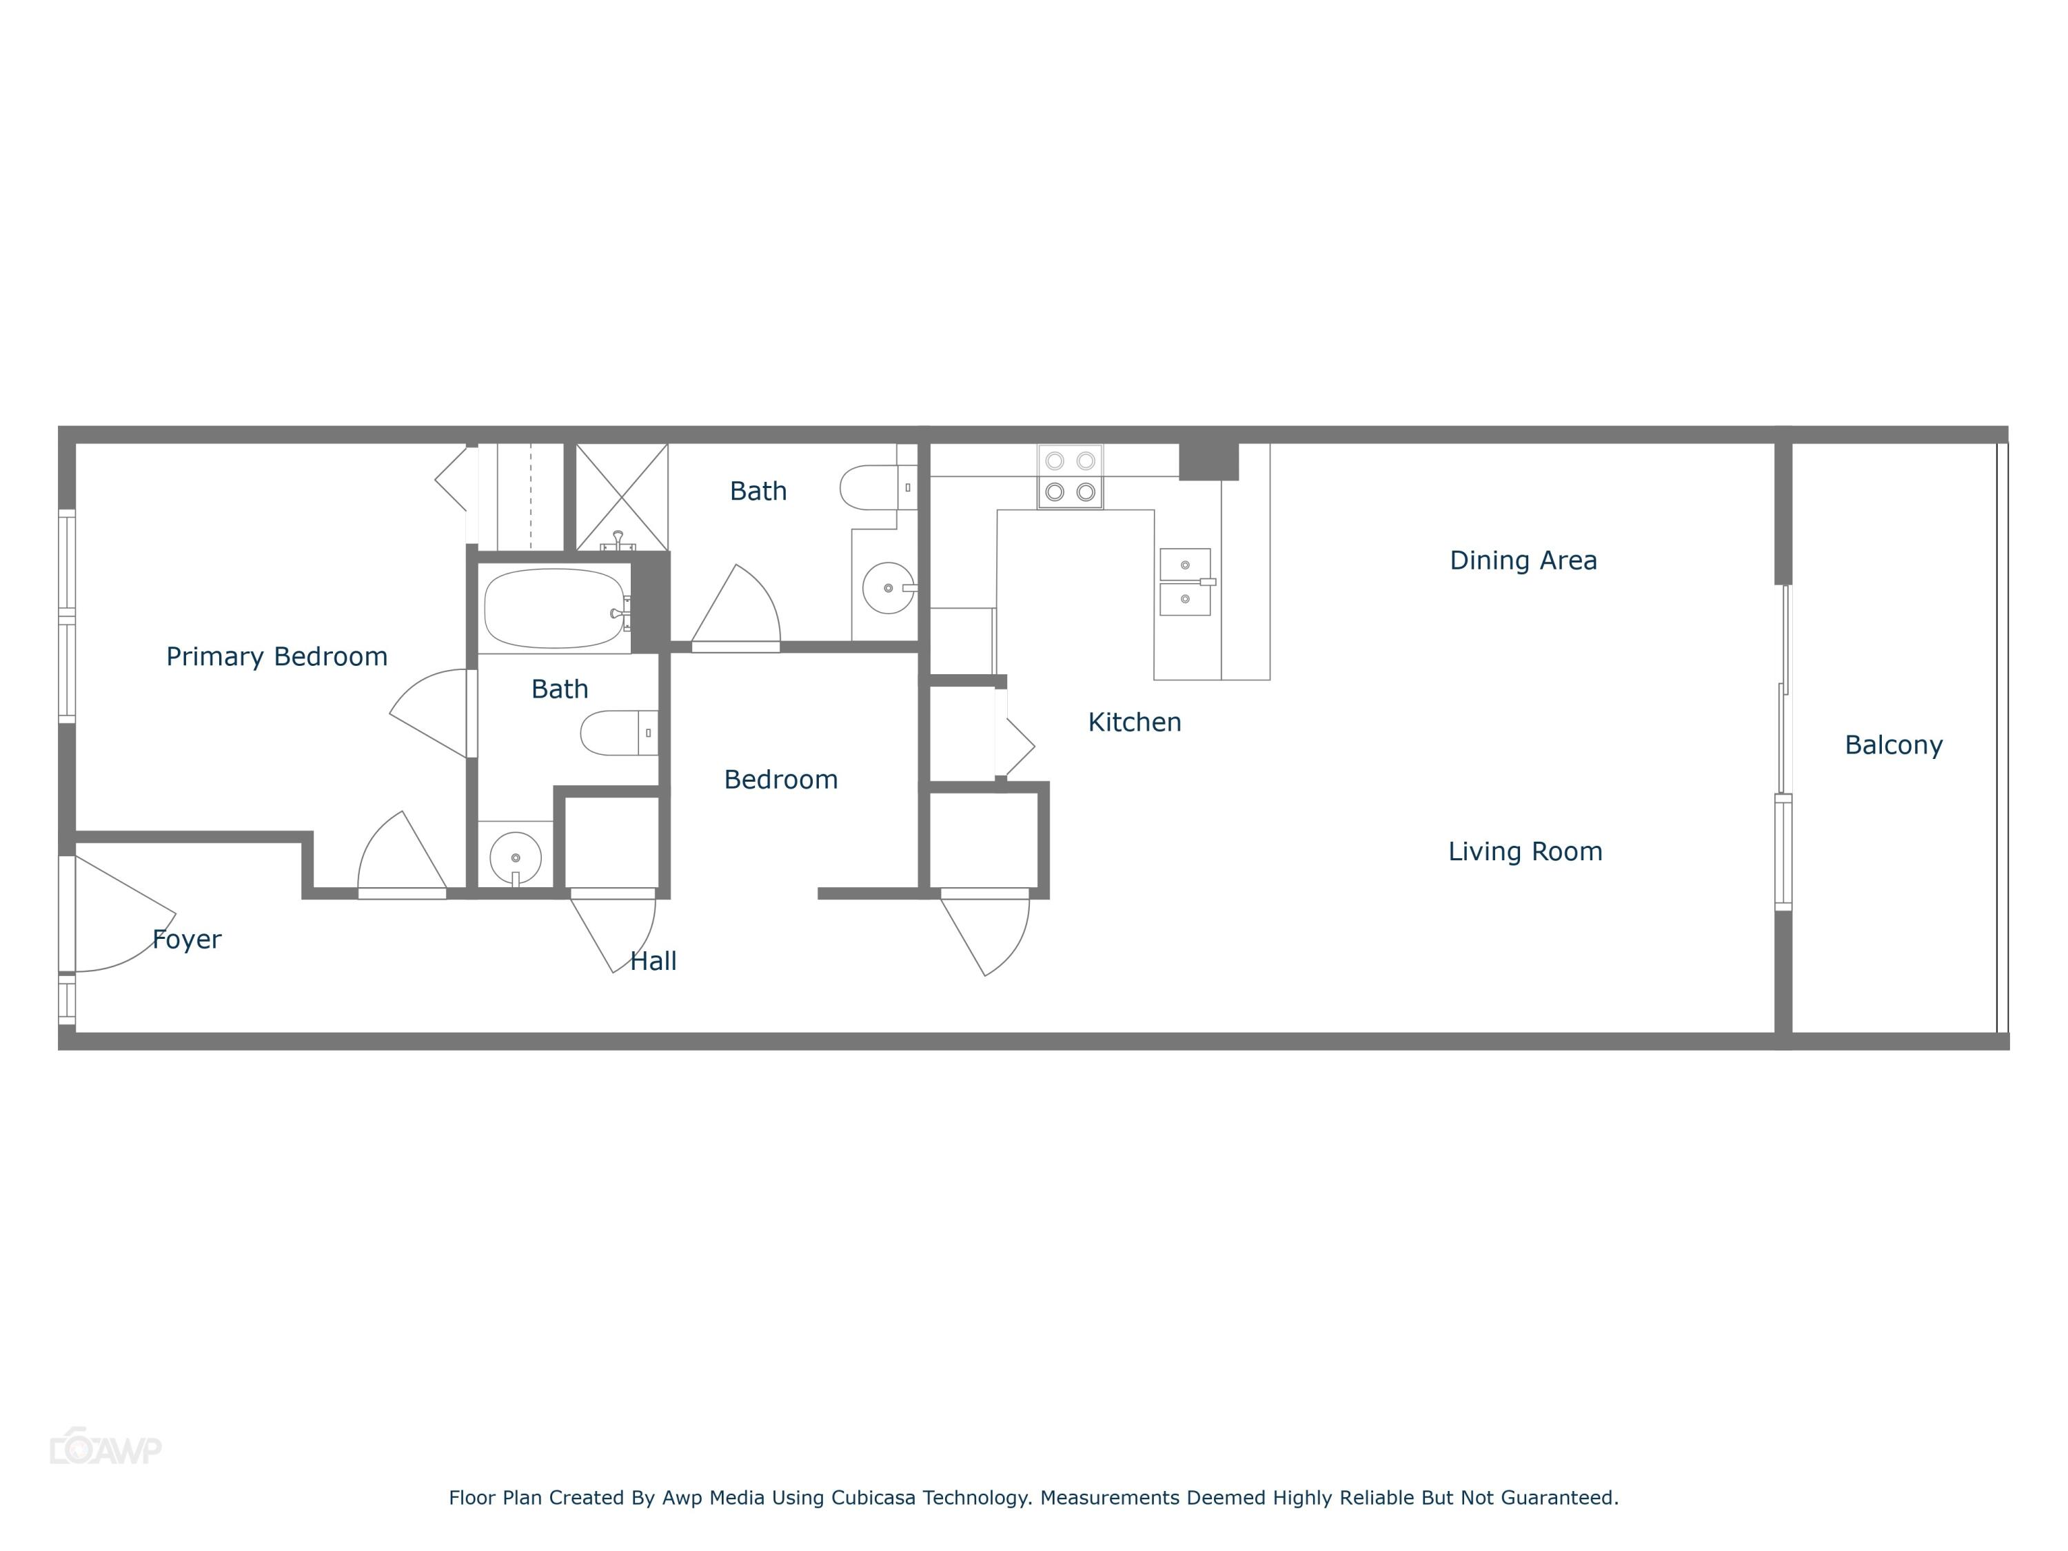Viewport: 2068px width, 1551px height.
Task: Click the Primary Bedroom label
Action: (x=276, y=656)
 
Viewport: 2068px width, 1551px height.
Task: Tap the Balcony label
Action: (x=1893, y=745)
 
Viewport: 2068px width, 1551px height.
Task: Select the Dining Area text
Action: (x=1523, y=560)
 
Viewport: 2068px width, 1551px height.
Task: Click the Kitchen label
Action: (x=1134, y=722)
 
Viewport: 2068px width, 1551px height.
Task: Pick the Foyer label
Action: (x=187, y=939)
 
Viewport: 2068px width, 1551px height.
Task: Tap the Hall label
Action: (x=653, y=961)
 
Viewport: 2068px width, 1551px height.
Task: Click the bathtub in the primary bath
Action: (x=554, y=609)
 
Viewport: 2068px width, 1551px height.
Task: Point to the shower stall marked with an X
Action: (x=621, y=496)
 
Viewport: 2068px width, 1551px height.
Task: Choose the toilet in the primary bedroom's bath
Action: (x=617, y=733)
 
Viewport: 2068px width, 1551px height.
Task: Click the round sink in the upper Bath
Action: (x=887, y=588)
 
